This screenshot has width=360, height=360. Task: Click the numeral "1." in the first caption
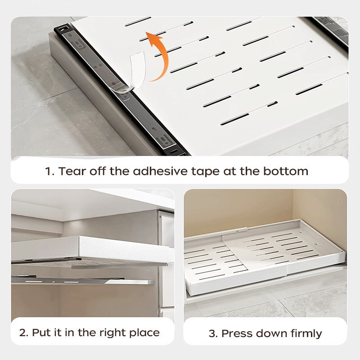click(x=49, y=171)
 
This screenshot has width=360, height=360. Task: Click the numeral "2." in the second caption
click(x=23, y=333)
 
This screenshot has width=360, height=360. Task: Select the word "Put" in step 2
click(x=41, y=333)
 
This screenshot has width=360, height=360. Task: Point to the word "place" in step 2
click(x=144, y=333)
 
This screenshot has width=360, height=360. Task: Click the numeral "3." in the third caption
click(x=213, y=333)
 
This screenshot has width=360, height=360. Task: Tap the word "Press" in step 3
click(x=237, y=333)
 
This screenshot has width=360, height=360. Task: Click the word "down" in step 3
click(x=270, y=333)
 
